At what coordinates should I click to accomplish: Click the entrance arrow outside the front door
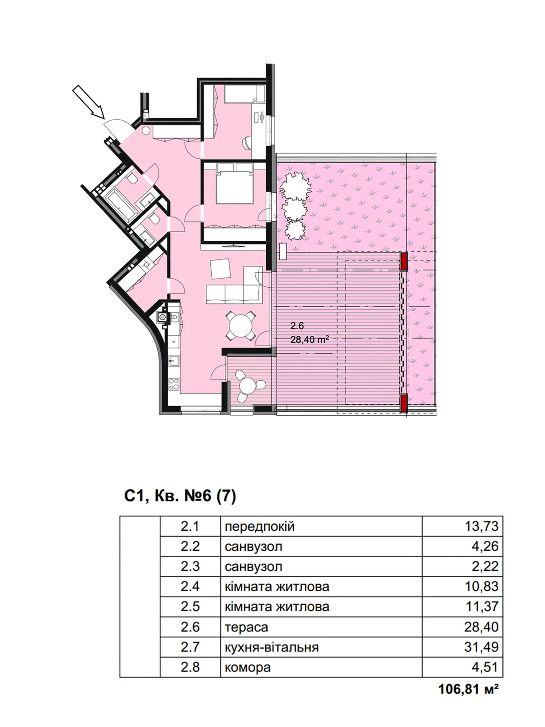pos(89,101)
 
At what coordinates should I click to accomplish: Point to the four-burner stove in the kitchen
pos(174,384)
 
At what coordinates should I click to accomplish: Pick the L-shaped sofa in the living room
pos(234,285)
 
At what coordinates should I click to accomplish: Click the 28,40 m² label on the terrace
pos(309,339)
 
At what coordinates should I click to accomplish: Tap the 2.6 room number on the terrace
pos(297,326)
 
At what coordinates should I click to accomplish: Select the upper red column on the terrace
pos(403,261)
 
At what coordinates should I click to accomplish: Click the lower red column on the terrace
pos(403,403)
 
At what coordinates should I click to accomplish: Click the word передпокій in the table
pos(259,526)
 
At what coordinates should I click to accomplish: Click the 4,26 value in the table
pos(485,546)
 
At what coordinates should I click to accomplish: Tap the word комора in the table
pos(248,667)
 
